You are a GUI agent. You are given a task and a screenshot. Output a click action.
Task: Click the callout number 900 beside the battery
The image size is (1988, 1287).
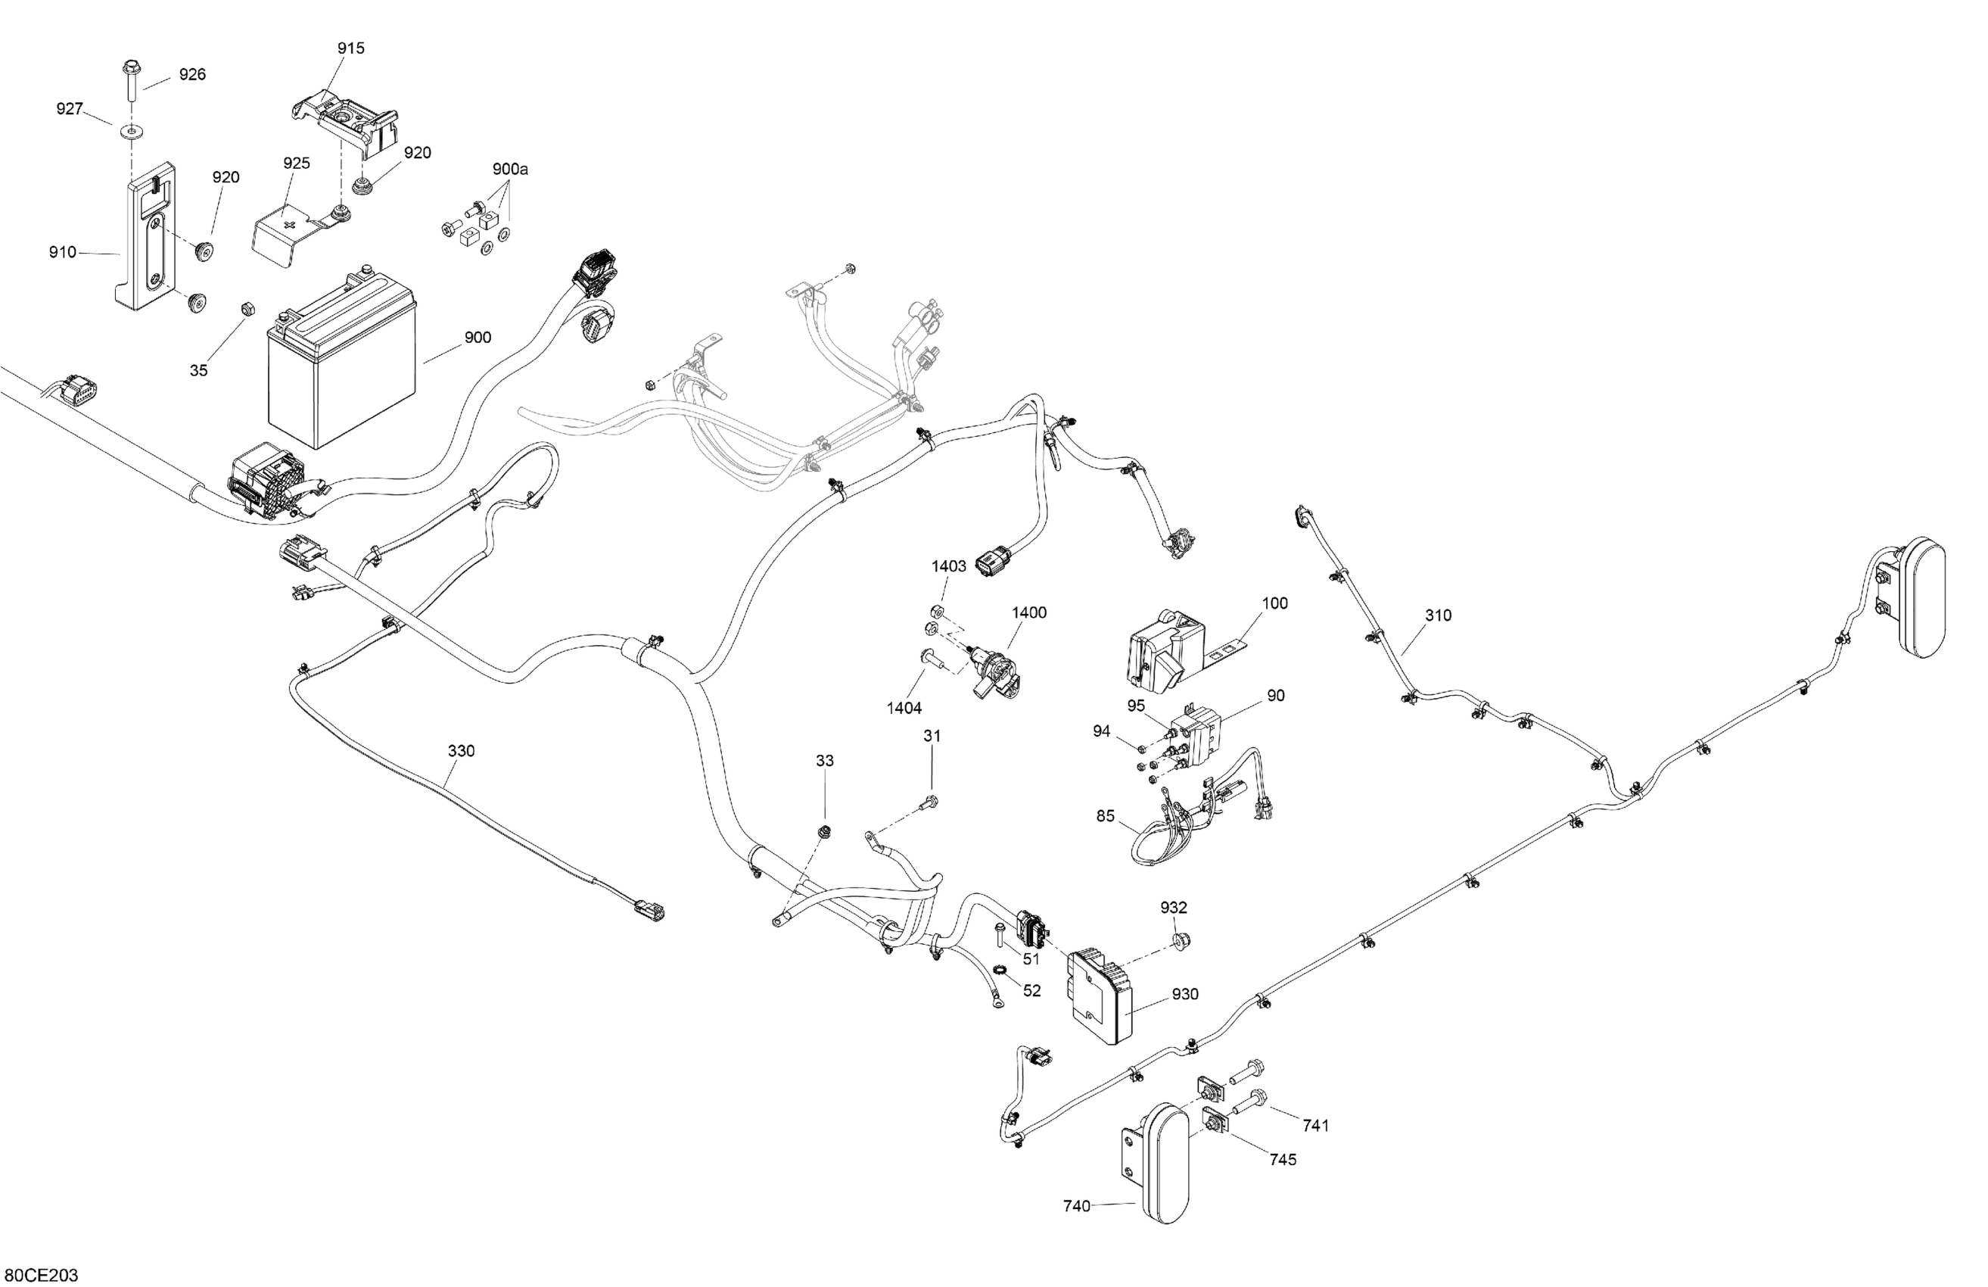[x=478, y=338]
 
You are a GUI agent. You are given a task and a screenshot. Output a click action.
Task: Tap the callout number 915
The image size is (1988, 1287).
[x=351, y=48]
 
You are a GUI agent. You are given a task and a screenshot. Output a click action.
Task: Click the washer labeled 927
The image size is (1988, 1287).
[x=132, y=130]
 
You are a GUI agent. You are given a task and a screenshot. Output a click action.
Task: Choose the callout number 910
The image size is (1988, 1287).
[x=63, y=251]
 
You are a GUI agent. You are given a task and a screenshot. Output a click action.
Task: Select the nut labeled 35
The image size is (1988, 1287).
[x=247, y=308]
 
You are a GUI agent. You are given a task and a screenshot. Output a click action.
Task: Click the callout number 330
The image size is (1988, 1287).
[x=461, y=750]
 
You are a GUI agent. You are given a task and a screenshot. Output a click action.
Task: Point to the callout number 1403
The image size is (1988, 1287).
[x=949, y=566]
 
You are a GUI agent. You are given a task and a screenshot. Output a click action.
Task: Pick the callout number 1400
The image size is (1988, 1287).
[x=1029, y=612]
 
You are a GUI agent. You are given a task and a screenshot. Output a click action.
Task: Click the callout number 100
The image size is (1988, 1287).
[x=1274, y=603]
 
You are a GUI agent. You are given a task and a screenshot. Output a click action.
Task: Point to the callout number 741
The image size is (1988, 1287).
[x=1315, y=1126]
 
